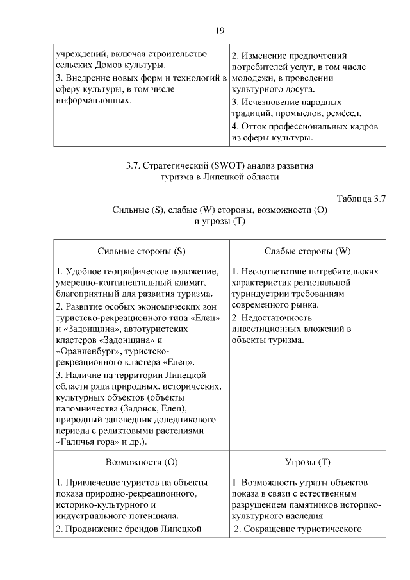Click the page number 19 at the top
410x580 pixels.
pos(219,30)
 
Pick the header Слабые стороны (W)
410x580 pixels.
pos(307,251)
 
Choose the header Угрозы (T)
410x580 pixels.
pos(307,461)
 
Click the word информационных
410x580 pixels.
pos(94,101)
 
